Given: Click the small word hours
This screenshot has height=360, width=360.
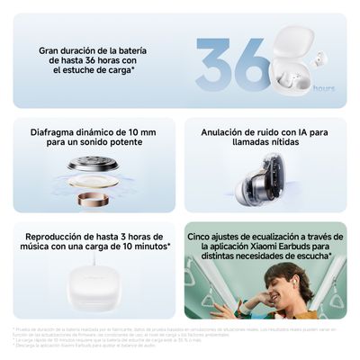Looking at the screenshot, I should [324, 88].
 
